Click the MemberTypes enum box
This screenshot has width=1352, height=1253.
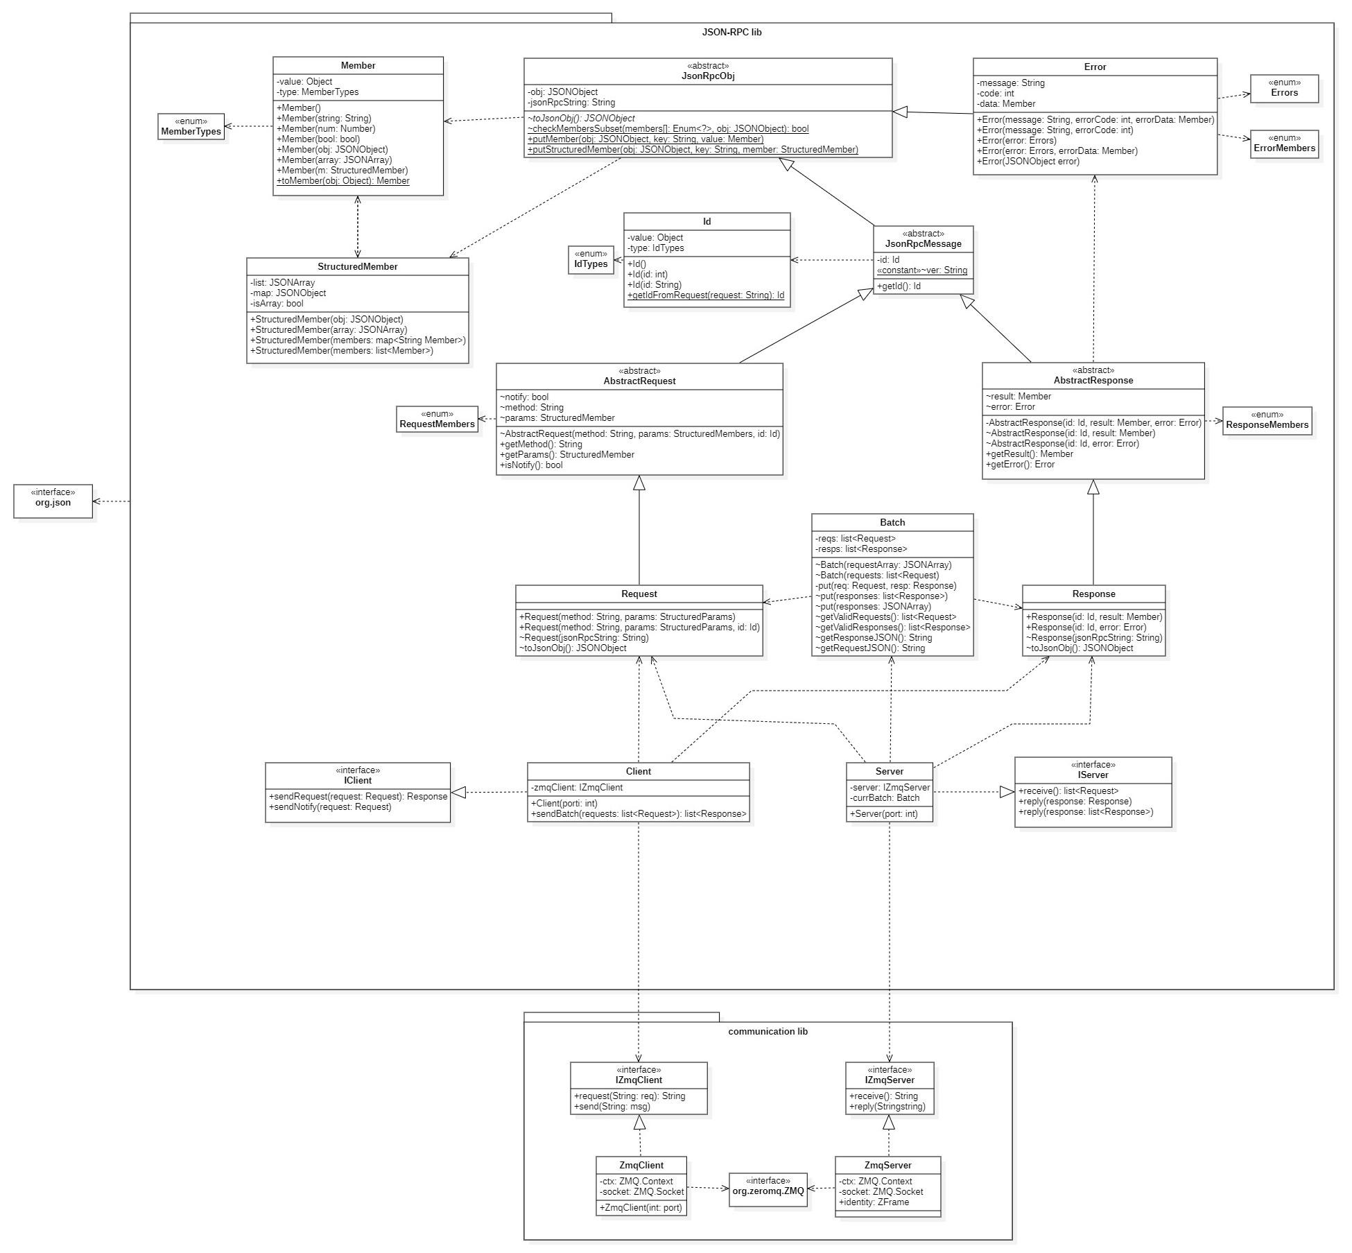(x=191, y=127)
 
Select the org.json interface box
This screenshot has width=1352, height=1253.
(x=53, y=501)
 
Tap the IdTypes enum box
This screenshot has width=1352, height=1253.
(x=591, y=259)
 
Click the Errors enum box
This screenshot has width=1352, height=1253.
(x=1284, y=89)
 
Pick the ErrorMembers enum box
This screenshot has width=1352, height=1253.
(x=1284, y=144)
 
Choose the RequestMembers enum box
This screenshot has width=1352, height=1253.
(x=437, y=420)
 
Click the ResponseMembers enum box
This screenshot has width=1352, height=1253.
(x=1267, y=421)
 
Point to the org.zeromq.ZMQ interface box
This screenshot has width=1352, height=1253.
(x=768, y=1189)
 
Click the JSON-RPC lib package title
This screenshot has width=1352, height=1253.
(x=731, y=32)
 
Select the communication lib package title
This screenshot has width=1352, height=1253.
(x=768, y=1031)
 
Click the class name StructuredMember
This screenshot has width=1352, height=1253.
(x=357, y=266)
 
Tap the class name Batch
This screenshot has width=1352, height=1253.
(x=892, y=522)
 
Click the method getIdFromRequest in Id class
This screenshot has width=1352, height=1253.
(x=706, y=295)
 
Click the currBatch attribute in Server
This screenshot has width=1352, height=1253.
(x=885, y=798)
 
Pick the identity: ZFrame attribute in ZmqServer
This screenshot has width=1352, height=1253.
(x=874, y=1202)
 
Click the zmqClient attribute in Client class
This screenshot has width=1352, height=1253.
(x=577, y=788)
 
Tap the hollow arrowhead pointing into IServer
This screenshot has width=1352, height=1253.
(x=1007, y=792)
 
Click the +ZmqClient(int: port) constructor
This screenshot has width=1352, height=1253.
(x=641, y=1208)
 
